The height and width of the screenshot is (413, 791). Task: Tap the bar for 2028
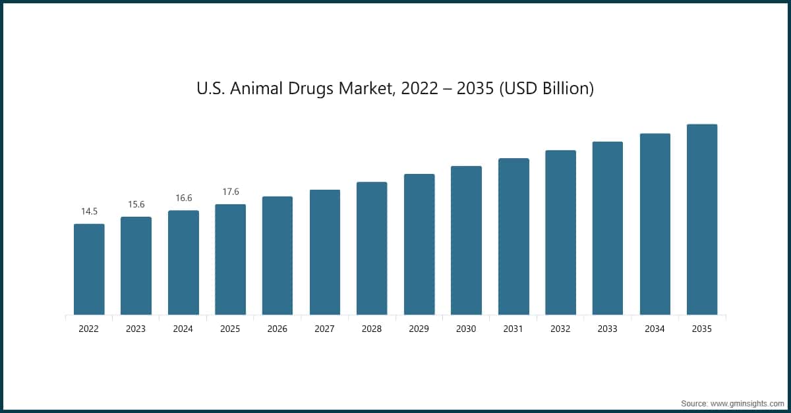click(372, 248)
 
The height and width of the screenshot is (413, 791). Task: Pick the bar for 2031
click(513, 236)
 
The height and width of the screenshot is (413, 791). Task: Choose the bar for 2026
click(278, 256)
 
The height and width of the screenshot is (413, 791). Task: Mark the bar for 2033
click(608, 228)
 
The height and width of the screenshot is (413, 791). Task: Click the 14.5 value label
click(89, 211)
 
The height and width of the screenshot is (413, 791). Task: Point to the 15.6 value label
click(136, 205)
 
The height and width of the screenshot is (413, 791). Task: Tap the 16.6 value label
click(183, 198)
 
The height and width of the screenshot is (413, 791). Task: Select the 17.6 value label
click(230, 192)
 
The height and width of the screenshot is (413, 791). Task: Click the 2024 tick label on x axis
click(183, 328)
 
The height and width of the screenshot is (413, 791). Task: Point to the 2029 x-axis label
click(419, 328)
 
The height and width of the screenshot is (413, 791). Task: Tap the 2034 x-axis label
click(655, 328)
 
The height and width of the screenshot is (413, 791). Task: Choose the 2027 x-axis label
click(325, 328)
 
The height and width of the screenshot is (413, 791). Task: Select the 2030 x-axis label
click(466, 328)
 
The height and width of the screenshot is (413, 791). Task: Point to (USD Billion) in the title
click(546, 88)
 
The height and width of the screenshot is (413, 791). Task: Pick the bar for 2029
click(419, 244)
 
